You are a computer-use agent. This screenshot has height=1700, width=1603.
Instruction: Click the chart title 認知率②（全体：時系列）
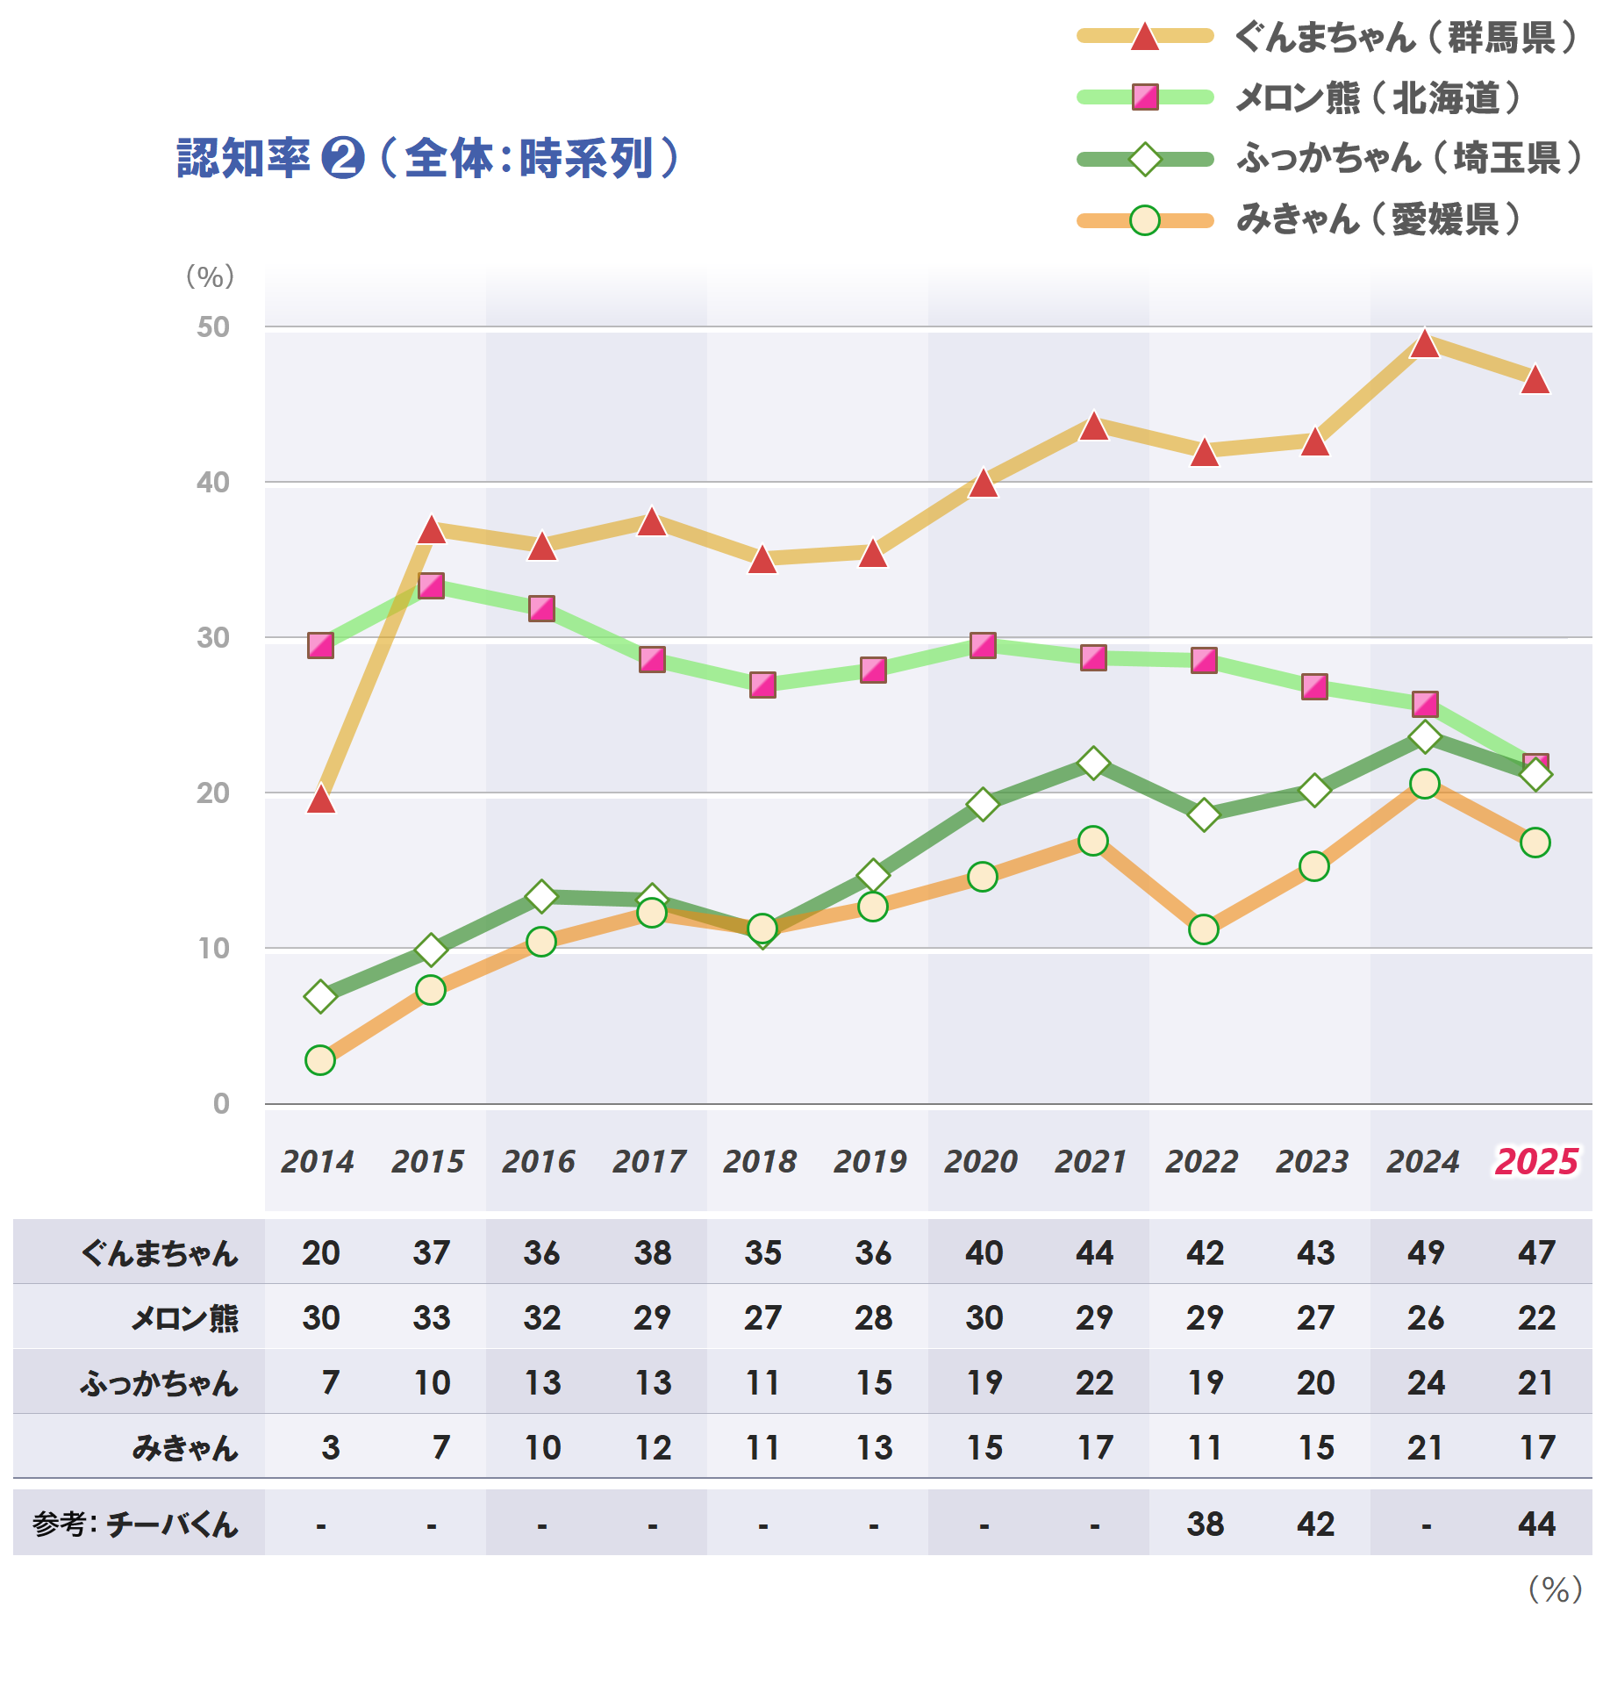coord(428,159)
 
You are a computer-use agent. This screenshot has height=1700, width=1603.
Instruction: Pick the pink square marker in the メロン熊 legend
coord(1145,97)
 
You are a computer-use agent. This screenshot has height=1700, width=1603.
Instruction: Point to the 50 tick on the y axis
coord(213,327)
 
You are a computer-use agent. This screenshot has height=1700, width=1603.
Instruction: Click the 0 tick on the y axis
coord(221,1104)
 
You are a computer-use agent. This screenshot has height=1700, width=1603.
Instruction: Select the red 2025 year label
coord(1536,1162)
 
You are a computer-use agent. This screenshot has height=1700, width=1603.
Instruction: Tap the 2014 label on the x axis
coord(318,1162)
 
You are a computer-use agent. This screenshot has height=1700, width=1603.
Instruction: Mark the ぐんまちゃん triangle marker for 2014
coord(321,800)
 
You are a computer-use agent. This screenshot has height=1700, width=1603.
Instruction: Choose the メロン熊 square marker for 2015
coord(431,585)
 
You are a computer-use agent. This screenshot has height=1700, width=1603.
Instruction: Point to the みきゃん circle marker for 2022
coord(1204,929)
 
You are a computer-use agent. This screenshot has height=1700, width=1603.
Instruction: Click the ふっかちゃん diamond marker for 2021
coord(1093,763)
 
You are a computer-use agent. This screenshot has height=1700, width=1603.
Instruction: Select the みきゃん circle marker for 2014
coord(320,1060)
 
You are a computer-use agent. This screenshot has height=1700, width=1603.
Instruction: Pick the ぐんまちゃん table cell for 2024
coord(1426,1252)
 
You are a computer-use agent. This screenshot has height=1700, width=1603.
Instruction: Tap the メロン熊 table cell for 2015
coord(432,1317)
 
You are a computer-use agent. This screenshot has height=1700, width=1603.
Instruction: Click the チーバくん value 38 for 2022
coord(1205,1524)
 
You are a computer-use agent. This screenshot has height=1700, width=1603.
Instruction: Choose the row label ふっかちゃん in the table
coord(160,1383)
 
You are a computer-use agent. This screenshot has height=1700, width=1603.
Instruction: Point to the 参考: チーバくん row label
coord(136,1524)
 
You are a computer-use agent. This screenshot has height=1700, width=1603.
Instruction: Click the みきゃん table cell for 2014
coord(330,1448)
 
